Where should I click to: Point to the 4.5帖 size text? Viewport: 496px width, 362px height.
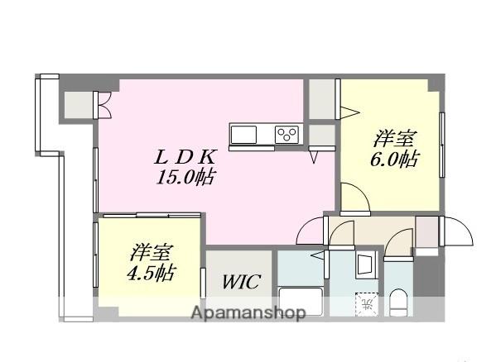tap(150, 272)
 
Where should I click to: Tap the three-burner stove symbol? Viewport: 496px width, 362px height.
tap(287, 133)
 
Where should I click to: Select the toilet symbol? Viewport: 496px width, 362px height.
tap(398, 302)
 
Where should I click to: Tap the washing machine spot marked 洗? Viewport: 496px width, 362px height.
tap(365, 303)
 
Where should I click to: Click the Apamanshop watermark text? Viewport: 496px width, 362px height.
tap(248, 313)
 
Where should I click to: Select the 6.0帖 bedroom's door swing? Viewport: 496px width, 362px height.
tap(352, 198)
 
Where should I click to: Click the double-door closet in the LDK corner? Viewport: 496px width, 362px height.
tap(82, 104)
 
